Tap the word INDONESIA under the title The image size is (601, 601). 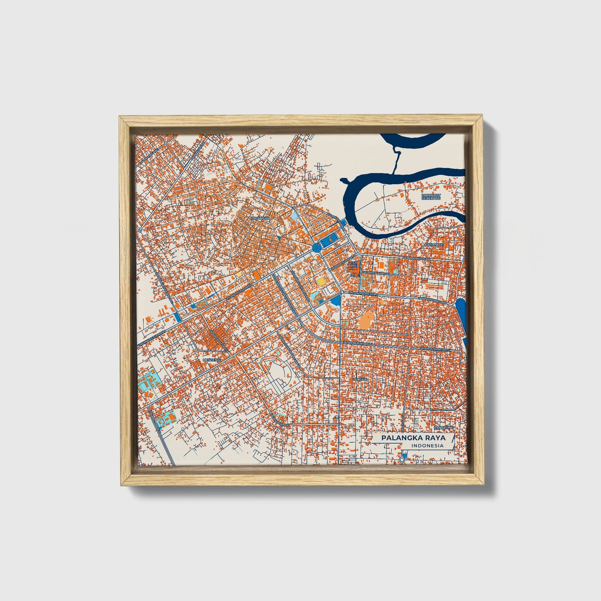[427, 445]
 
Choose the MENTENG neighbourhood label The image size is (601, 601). [210, 359]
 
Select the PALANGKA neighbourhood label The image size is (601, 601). [260, 218]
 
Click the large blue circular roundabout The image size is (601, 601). [316, 248]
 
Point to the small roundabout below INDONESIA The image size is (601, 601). [402, 459]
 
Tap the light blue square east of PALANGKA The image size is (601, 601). [294, 216]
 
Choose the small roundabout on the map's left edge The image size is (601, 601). [141, 230]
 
